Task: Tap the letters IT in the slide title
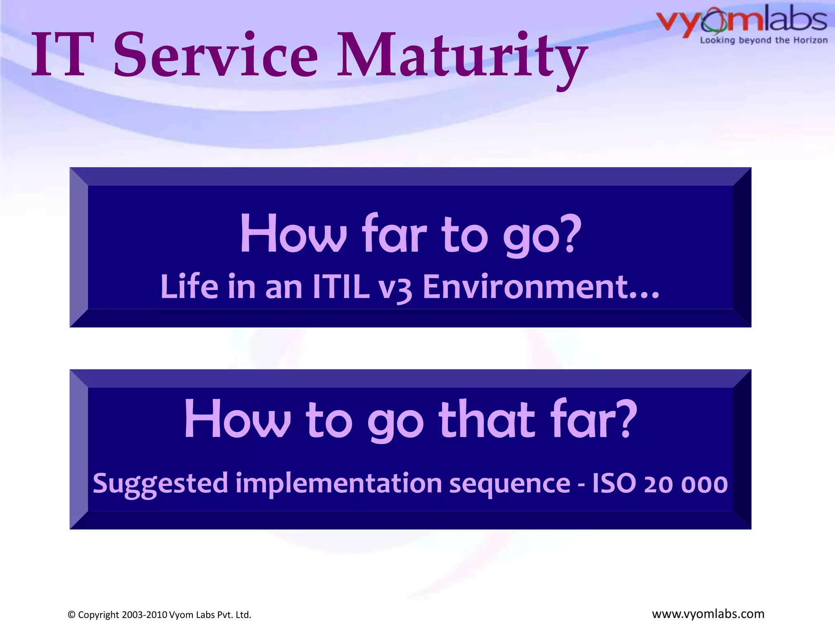63,55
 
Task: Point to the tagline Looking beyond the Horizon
764,40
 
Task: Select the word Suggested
160,485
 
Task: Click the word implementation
339,485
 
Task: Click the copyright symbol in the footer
72,615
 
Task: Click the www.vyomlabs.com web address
708,614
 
